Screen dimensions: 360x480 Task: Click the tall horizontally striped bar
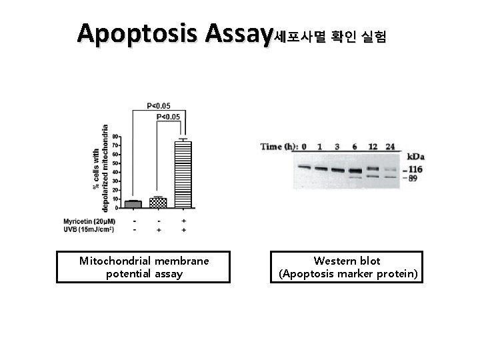(x=183, y=174)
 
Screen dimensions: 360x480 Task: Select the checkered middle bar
(x=158, y=202)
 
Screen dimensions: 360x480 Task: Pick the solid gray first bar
(x=133, y=204)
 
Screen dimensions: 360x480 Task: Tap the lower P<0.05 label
(x=168, y=117)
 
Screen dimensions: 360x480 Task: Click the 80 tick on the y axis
(x=115, y=137)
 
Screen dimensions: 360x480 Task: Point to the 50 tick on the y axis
(x=115, y=163)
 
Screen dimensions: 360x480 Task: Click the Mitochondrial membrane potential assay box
(x=143, y=267)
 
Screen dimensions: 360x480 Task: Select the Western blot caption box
(x=347, y=267)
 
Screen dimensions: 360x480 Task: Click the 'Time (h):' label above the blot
(x=278, y=147)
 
